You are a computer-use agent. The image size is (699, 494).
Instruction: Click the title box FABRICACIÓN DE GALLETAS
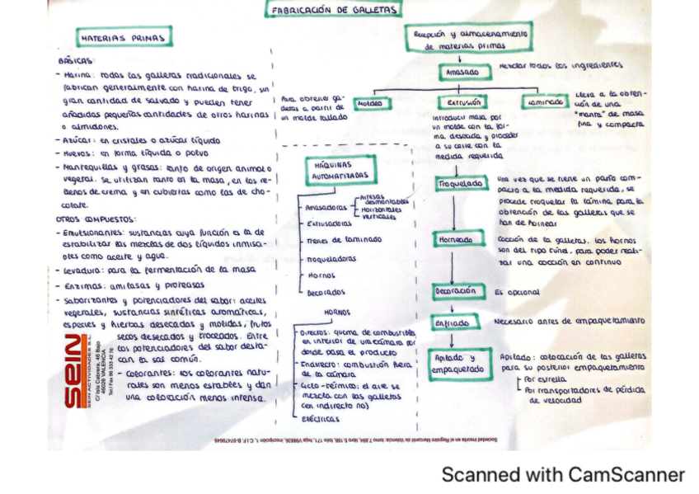(x=333, y=10)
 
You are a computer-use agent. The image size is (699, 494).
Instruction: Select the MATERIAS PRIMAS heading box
(x=124, y=38)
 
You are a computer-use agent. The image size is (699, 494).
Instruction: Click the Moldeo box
(x=373, y=104)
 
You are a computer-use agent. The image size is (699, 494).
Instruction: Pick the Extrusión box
(x=463, y=103)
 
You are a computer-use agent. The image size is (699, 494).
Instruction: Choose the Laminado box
(x=544, y=102)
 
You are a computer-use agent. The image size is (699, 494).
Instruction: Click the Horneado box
(x=453, y=239)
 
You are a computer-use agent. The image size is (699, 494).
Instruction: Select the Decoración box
(x=456, y=291)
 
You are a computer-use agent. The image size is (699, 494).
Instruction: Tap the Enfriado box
(x=453, y=322)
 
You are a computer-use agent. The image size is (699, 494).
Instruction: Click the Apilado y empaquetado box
(x=456, y=365)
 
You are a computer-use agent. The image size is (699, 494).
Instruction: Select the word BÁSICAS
(x=77, y=61)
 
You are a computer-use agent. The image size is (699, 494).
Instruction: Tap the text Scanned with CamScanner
(x=562, y=475)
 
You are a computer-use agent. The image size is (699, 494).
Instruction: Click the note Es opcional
(x=517, y=292)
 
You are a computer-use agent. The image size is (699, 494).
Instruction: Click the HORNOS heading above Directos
(x=337, y=313)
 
